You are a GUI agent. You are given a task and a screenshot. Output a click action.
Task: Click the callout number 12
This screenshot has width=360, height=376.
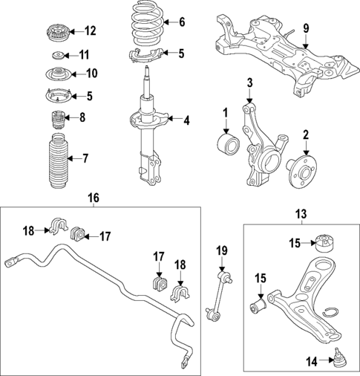pyautogui.click(x=90, y=30)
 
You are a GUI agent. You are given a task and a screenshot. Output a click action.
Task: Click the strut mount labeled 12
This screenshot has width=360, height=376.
pyautogui.click(x=56, y=33)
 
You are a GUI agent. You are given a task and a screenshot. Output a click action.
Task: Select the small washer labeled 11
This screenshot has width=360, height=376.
pyautogui.click(x=56, y=56)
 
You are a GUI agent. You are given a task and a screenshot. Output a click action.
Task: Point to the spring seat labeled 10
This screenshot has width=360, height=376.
pyautogui.click(x=56, y=74)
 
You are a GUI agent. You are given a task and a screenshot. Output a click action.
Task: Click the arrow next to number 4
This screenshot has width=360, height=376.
pyautogui.click(x=170, y=119)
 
